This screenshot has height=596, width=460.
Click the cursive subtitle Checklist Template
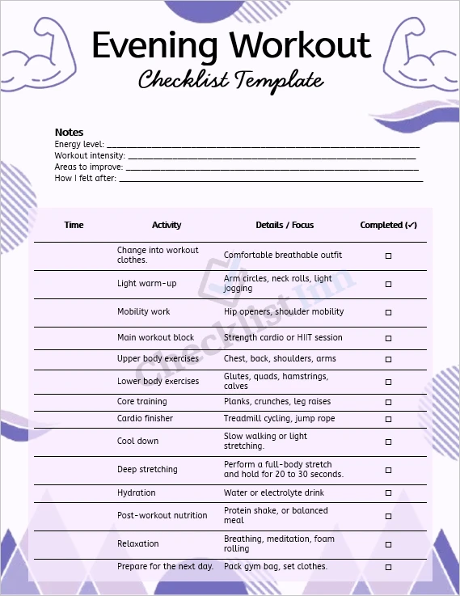click(x=230, y=80)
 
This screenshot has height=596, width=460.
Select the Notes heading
click(x=69, y=132)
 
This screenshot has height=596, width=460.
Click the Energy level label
click(x=79, y=144)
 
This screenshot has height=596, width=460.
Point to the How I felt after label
click(x=85, y=178)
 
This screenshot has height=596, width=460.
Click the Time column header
click(x=74, y=225)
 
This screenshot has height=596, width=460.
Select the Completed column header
click(x=388, y=225)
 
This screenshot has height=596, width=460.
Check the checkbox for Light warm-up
click(x=388, y=284)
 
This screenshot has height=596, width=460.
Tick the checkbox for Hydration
click(x=388, y=493)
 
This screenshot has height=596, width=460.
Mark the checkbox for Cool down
click(x=388, y=442)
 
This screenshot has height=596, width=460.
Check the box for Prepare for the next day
click(x=388, y=567)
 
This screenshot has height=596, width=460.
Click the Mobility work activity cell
click(x=144, y=311)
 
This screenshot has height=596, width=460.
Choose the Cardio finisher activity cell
click(x=145, y=419)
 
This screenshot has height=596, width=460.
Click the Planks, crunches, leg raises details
click(x=276, y=401)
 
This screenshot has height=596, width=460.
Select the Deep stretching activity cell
click(x=147, y=469)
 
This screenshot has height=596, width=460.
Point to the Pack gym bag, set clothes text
click(x=275, y=566)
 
